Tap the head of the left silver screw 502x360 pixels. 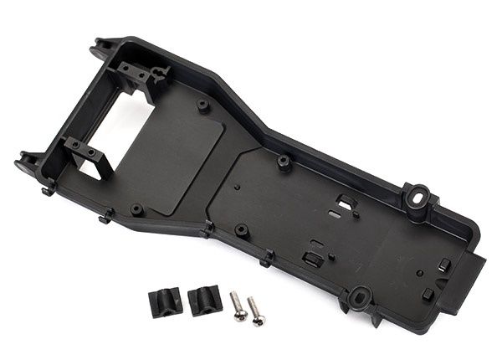[238, 315]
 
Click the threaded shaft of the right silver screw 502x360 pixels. [252, 307]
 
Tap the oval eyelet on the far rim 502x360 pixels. [415, 196]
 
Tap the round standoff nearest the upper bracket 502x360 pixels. [203, 105]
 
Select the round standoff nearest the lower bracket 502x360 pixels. [136, 208]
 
